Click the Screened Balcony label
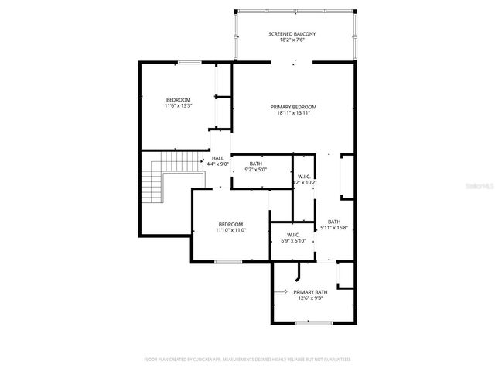point(292,34)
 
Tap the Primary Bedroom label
point(293,106)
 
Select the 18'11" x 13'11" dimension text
point(293,113)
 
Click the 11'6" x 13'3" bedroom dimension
point(178,106)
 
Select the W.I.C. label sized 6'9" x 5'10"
point(293,235)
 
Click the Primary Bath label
point(310,291)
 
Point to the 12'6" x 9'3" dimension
point(310,298)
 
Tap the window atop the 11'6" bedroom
point(189,62)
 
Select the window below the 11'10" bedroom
point(227,262)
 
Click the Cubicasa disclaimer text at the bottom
point(247,360)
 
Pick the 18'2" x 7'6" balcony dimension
point(292,41)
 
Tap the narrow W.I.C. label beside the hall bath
point(304,177)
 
